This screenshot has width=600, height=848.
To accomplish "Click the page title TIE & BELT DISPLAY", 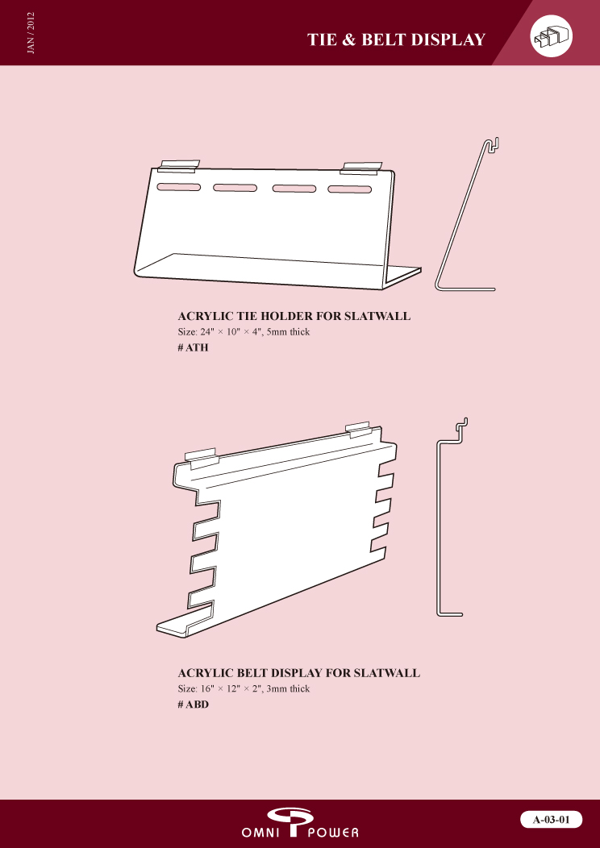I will pos(396,39).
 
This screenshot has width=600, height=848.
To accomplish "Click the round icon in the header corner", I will pos(551,37).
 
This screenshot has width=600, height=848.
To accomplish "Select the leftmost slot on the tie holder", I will pos(179,187).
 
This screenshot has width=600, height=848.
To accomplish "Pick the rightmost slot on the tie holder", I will pos(349,190).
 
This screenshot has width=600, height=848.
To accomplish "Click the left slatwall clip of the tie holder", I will pos(178,166).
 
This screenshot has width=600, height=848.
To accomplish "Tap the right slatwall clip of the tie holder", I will pos(362,168).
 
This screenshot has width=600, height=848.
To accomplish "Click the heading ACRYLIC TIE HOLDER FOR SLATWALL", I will pos(294,317).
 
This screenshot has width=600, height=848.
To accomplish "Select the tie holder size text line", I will pos(244,332).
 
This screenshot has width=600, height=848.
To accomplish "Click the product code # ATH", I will pos(193,347).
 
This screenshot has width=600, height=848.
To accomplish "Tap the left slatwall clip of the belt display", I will pos(202,457).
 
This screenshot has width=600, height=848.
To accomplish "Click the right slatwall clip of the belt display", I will pos(360,428).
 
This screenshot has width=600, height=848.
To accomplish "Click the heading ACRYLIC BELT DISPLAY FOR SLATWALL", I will pos(298,673).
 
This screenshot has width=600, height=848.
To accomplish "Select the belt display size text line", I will pos(244,688).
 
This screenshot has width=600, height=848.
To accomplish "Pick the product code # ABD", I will pos(194,704).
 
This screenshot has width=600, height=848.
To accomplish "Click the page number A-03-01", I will pos(551,821).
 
